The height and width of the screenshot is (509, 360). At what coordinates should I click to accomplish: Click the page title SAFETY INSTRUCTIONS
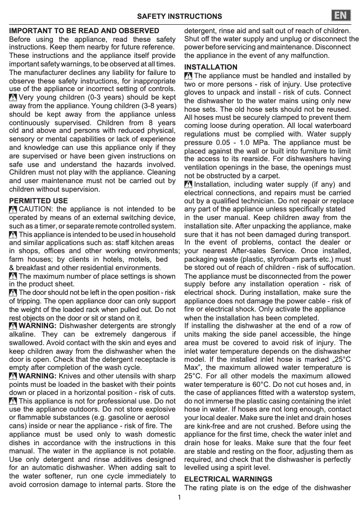(179, 17)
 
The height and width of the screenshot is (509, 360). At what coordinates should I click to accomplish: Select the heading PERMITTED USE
(39, 201)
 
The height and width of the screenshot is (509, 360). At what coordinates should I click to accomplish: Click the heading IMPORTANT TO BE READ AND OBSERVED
(84, 31)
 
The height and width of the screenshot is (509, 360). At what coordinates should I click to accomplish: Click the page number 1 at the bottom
(179, 497)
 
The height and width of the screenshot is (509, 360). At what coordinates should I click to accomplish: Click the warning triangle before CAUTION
(13, 209)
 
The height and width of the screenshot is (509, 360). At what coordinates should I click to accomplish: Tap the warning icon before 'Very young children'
(13, 97)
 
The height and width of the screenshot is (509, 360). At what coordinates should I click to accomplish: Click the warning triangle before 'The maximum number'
(13, 276)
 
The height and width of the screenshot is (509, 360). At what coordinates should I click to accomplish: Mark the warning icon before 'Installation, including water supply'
(189, 184)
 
